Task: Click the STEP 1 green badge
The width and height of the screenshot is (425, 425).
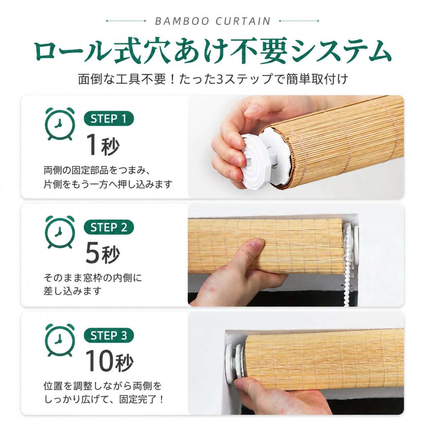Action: pyautogui.click(x=109, y=119)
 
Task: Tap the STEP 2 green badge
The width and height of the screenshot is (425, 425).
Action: pyautogui.click(x=109, y=227)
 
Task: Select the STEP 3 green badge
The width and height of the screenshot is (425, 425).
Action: pyautogui.click(x=109, y=336)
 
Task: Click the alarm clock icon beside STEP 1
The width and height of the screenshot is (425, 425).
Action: pyautogui.click(x=60, y=124)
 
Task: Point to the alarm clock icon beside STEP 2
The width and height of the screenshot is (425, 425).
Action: pyautogui.click(x=60, y=232)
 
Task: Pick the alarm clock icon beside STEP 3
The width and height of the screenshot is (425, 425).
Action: pyautogui.click(x=60, y=341)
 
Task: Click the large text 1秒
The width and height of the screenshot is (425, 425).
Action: pyautogui.click(x=103, y=145)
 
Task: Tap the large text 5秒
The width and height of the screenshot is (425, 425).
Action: pyautogui.click(x=103, y=254)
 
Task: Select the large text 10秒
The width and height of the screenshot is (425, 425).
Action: pyautogui.click(x=109, y=362)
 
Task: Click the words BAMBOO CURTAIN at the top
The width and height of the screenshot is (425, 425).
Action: pyautogui.click(x=212, y=21)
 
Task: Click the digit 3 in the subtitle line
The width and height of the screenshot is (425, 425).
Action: pyautogui.click(x=220, y=79)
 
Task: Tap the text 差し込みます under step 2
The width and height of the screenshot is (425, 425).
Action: pyautogui.click(x=72, y=291)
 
